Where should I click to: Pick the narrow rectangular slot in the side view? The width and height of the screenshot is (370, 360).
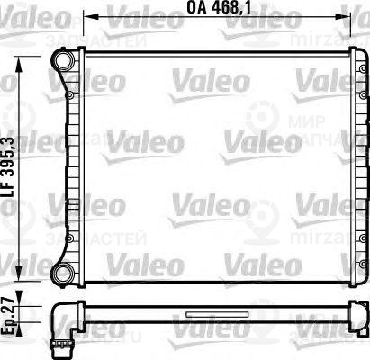[207, 315]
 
